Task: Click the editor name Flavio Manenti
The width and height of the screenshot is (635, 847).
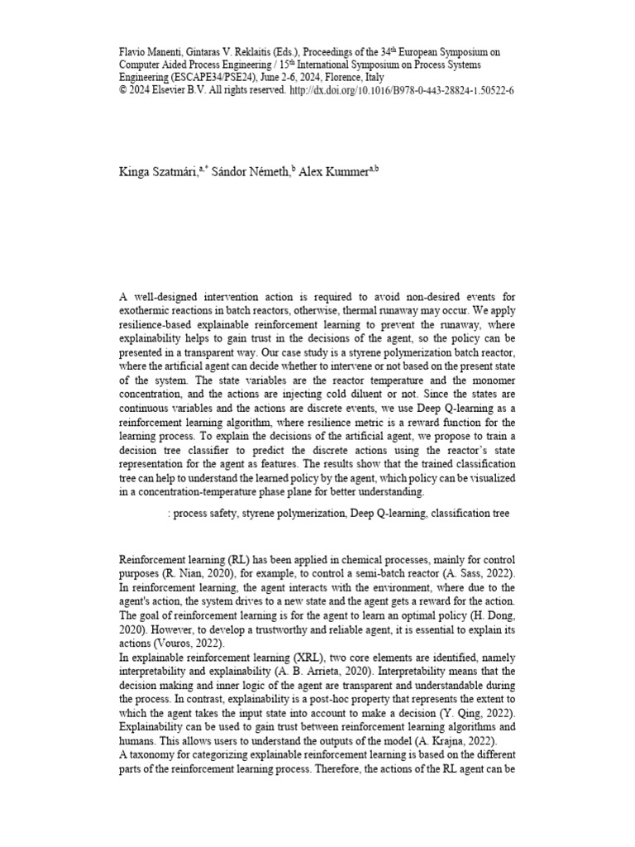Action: click(x=151, y=51)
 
